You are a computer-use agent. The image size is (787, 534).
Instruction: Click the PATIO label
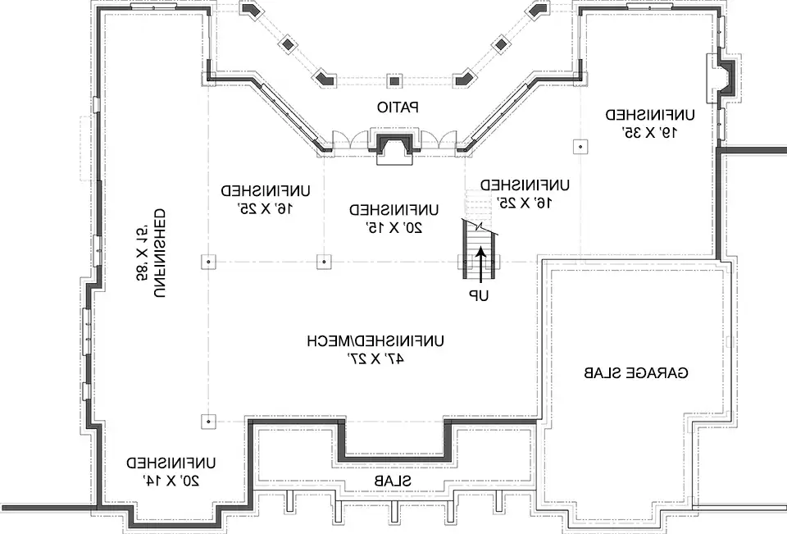398,107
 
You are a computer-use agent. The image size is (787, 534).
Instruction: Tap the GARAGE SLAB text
636,373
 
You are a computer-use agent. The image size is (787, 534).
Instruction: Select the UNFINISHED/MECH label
375,340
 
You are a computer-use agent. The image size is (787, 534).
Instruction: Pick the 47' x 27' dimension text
375,358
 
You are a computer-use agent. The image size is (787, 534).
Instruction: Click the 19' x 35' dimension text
649,130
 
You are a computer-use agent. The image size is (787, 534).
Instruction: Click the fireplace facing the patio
394,147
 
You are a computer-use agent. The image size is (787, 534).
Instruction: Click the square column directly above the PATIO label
394,80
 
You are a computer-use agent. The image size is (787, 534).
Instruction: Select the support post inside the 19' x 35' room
580,146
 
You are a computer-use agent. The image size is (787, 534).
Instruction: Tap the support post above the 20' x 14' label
208,421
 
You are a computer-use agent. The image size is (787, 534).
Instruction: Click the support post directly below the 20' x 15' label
324,262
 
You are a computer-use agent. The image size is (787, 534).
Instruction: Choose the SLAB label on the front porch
392,480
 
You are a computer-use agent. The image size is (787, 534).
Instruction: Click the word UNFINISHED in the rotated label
160,254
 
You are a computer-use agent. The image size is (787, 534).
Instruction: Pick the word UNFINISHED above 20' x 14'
171,462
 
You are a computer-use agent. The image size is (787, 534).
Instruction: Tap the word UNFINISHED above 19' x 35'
649,114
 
